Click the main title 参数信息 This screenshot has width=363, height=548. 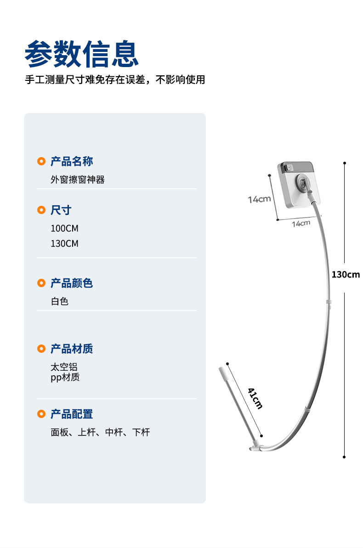point(82,55)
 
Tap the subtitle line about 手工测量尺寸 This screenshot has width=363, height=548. point(114,80)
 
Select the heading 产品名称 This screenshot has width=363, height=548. point(72,161)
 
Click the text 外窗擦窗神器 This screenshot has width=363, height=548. point(78,180)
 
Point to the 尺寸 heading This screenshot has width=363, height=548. point(61,210)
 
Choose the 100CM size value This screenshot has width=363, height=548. point(64,228)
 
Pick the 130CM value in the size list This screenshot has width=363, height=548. point(64,243)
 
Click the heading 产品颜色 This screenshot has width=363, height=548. point(72,283)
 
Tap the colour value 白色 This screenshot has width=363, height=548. point(60,301)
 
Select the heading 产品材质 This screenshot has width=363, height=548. point(72,349)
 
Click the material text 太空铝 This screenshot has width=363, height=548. point(64,367)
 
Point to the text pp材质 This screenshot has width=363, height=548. point(65,378)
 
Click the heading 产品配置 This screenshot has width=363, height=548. point(72,414)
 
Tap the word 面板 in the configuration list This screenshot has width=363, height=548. point(60,432)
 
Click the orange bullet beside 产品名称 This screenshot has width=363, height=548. point(41,161)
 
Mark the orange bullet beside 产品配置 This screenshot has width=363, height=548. point(41,414)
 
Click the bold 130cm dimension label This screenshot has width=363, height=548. point(346,275)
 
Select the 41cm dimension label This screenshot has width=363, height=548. point(255,398)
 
